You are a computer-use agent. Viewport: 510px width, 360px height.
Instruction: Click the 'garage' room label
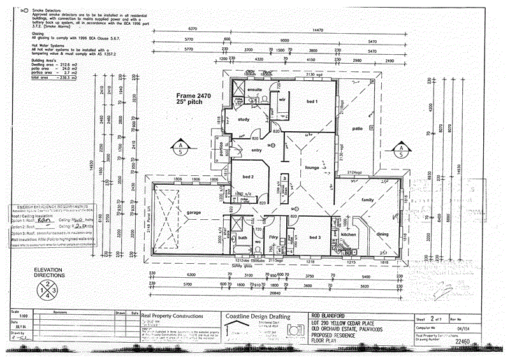pos(194,212)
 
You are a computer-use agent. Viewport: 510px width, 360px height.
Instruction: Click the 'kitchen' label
pos(351,234)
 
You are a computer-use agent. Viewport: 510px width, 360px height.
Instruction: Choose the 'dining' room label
pos(382,234)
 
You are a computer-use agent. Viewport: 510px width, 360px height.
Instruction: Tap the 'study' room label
pos(244,119)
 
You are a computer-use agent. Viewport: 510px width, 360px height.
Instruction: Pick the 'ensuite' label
pos(256,90)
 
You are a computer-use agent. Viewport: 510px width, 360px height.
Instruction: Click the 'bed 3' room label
pos(315,237)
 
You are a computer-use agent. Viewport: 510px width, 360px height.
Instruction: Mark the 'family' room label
pos(368,200)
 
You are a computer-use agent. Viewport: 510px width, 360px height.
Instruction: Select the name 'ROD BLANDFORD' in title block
pos(331,315)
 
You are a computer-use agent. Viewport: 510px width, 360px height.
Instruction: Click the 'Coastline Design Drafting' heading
pos(258,316)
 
